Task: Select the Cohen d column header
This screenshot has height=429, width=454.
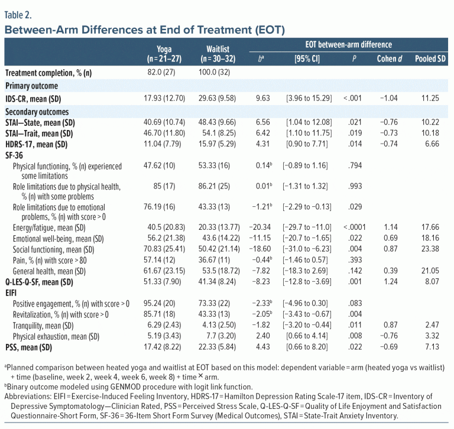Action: click(386, 58)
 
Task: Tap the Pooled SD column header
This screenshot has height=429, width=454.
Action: click(427, 58)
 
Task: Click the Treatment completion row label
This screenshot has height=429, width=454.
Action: click(47, 73)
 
